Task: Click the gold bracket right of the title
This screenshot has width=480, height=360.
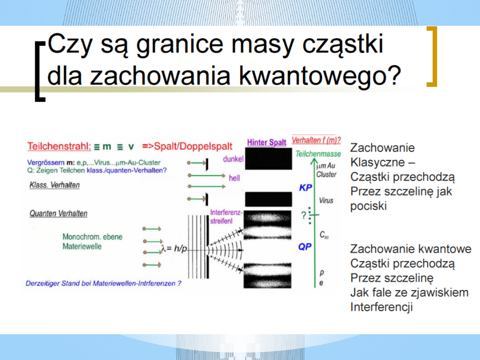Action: [432, 56]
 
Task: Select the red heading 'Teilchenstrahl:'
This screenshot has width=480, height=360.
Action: [59, 146]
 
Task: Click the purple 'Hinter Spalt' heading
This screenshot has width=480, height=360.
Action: [267, 142]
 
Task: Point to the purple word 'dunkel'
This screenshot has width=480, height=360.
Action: [233, 159]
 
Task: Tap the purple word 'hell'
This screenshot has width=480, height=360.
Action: [234, 178]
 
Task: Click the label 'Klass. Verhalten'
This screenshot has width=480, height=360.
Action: [55, 185]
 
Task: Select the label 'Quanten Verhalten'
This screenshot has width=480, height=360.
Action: [58, 213]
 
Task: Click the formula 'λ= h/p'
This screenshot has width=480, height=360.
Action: [174, 248]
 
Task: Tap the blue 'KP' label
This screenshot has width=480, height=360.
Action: [305, 188]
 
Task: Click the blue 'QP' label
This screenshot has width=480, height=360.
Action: [305, 247]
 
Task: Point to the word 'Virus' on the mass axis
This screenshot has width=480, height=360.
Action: [326, 200]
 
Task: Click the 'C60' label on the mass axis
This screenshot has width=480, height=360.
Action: [324, 235]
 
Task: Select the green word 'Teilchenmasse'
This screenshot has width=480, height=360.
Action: [318, 154]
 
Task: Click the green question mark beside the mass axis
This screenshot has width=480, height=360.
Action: [304, 215]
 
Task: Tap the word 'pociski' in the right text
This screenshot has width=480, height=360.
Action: [368, 206]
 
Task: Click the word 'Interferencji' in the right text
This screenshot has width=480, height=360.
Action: [381, 307]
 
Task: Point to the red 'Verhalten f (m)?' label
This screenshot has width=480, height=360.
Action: [316, 140]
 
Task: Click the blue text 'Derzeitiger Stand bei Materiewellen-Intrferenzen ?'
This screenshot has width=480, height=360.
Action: [104, 284]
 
